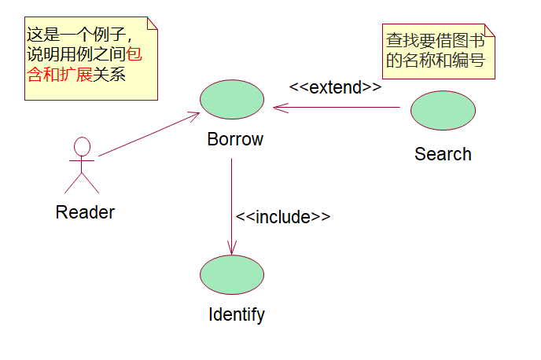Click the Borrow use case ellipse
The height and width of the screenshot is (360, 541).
pyautogui.click(x=232, y=99)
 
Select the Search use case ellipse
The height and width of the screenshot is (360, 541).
pyautogui.click(x=443, y=111)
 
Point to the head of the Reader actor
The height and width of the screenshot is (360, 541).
pyautogui.click(x=82, y=146)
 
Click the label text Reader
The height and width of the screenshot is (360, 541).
pyautogui.click(x=85, y=212)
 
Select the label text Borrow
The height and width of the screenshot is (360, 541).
pyautogui.click(x=235, y=140)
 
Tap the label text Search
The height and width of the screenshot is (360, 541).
pyautogui.click(x=443, y=154)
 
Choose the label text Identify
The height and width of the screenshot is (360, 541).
pyautogui.click(x=236, y=315)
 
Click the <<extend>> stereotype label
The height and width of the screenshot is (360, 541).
pyautogui.click(x=335, y=87)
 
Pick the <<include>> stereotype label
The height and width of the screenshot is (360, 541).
pyautogui.click(x=283, y=218)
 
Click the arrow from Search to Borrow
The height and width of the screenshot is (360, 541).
pyautogui.click(x=338, y=107)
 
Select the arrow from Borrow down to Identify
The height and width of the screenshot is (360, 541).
pyautogui.click(x=231, y=204)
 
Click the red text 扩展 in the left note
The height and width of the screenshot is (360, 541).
pyautogui.click(x=75, y=75)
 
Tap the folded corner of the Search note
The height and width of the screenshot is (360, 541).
pyautogui.click(x=490, y=30)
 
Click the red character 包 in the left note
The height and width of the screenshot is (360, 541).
pyautogui.click(x=135, y=57)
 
